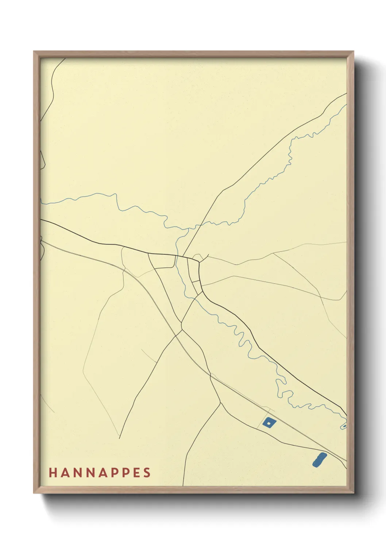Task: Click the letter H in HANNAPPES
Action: (x=53, y=473)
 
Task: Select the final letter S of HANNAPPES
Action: (x=147, y=473)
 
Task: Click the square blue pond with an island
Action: (x=269, y=423)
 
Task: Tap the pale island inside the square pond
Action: (x=269, y=423)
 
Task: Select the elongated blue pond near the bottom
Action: (x=319, y=459)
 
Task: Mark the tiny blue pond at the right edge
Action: (x=344, y=426)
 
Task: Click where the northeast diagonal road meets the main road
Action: (x=182, y=256)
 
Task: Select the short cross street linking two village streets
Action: (x=196, y=281)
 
